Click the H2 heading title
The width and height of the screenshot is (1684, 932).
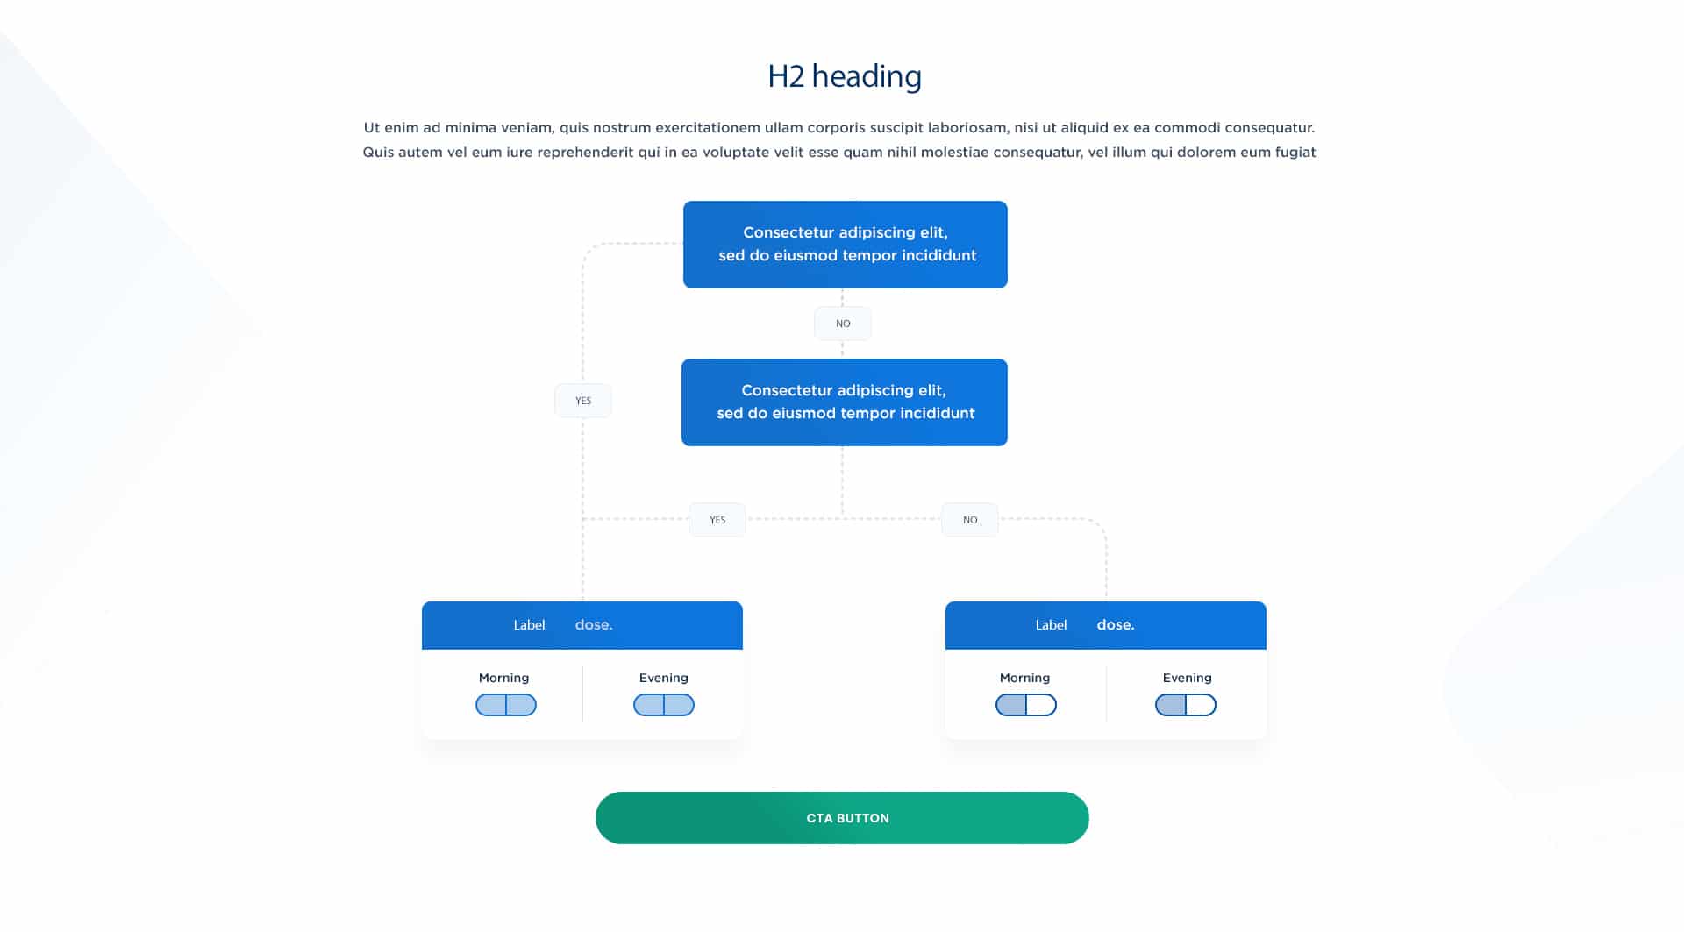844,76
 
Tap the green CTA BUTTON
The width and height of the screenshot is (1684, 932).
842,818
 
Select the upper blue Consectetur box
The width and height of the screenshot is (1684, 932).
846,245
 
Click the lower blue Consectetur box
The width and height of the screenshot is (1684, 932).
845,402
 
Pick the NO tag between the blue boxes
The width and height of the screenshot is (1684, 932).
843,324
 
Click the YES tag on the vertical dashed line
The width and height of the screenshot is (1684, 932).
583,401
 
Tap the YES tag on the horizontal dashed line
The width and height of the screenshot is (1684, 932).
717,520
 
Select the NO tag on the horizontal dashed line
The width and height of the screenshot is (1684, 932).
970,520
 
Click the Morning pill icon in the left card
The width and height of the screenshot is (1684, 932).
506,705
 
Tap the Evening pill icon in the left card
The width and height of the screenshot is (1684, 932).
664,705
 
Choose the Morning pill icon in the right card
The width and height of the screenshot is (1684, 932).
1026,705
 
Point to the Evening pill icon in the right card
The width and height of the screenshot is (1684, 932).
1186,705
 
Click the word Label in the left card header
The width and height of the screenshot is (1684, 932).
529,625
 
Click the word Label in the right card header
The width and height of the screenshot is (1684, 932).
1051,625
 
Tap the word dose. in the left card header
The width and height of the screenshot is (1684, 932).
594,625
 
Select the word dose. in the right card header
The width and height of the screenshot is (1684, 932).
1116,625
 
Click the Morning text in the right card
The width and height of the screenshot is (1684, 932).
1024,678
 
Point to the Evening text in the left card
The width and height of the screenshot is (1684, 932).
664,678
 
